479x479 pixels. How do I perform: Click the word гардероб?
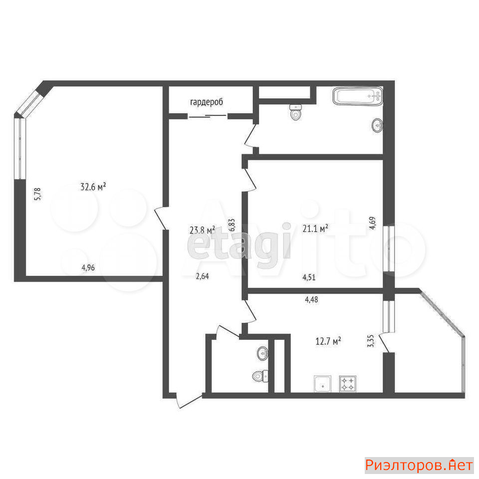(207, 102)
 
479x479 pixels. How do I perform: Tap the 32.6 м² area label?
(93, 186)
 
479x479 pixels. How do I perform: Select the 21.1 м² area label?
(315, 228)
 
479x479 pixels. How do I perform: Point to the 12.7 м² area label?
(328, 341)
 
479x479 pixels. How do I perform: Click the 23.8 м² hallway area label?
(202, 230)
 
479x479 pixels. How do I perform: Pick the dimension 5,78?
(37, 194)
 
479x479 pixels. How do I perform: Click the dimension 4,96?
(88, 268)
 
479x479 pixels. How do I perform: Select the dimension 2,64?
(202, 276)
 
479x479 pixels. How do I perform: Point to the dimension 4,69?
(372, 223)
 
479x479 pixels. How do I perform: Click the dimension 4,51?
(309, 277)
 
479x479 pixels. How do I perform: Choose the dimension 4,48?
(311, 300)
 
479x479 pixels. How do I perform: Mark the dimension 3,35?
(371, 341)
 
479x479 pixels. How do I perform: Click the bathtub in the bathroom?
(358, 96)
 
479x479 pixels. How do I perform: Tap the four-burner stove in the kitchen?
(348, 384)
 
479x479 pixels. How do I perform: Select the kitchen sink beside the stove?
(322, 384)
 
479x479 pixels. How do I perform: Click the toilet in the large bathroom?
(295, 112)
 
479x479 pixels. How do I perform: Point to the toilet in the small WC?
(260, 376)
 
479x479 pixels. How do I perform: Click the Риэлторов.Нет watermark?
(419, 465)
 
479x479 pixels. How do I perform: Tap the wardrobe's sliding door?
(208, 116)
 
